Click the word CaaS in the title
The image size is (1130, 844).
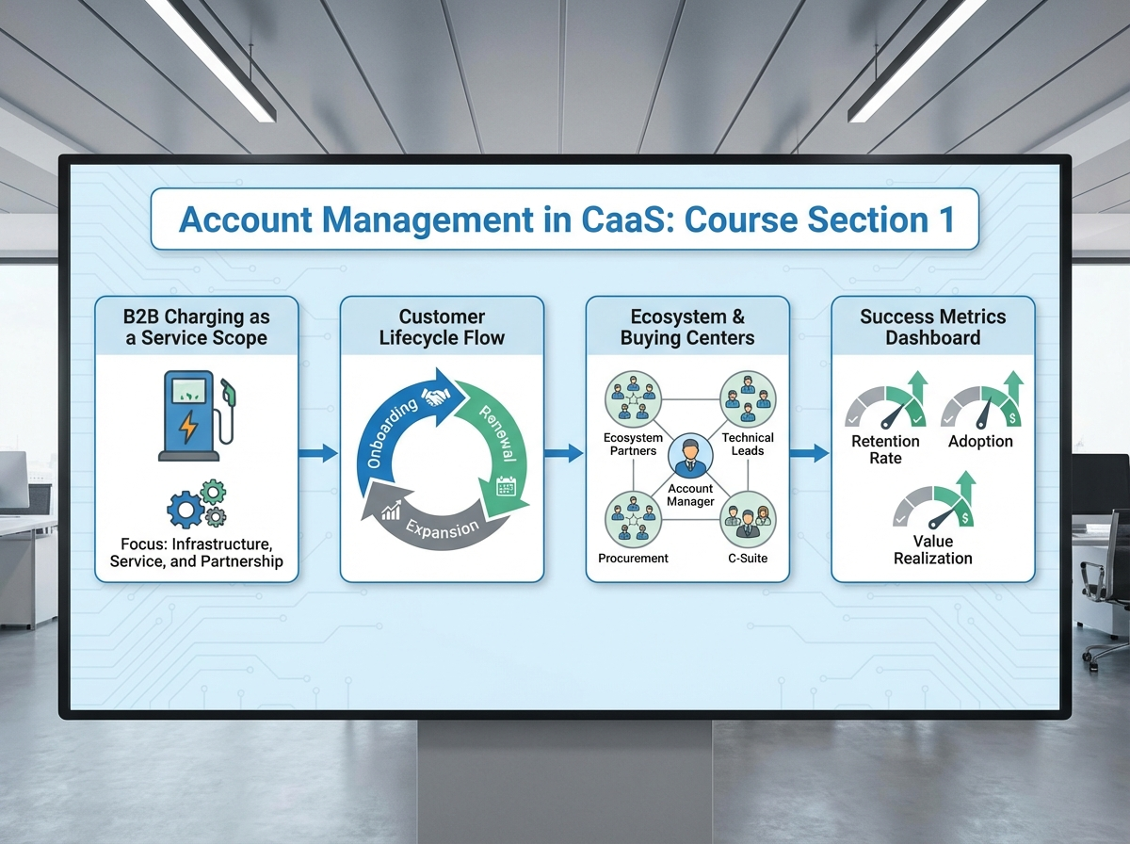pyautogui.click(x=624, y=219)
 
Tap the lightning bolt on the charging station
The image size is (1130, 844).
pyautogui.click(x=188, y=427)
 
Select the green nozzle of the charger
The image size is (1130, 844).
pyautogui.click(x=229, y=392)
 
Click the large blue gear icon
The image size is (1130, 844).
pyautogui.click(x=186, y=510)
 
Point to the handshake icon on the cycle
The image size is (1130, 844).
pyautogui.click(x=436, y=396)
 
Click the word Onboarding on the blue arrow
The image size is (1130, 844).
pyautogui.click(x=392, y=433)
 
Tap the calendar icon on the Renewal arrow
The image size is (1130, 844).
pyautogui.click(x=506, y=486)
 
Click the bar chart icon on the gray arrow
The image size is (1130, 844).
pyautogui.click(x=391, y=510)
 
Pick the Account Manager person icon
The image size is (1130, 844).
pyautogui.click(x=690, y=456)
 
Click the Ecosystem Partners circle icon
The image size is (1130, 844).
pyautogui.click(x=633, y=399)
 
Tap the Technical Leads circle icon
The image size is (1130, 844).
pyautogui.click(x=748, y=399)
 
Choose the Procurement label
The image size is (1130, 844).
pyautogui.click(x=633, y=559)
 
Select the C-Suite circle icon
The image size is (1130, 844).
pyautogui.click(x=748, y=520)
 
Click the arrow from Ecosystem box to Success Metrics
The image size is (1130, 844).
pyautogui.click(x=809, y=454)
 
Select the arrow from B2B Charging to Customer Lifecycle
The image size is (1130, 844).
pyautogui.click(x=318, y=453)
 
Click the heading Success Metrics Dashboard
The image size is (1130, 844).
pyautogui.click(x=933, y=327)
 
